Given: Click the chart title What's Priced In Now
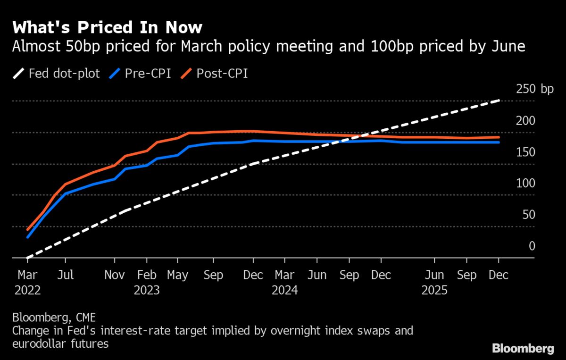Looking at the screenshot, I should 108,27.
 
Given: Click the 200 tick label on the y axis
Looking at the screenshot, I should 525,121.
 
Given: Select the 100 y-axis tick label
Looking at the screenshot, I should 525,184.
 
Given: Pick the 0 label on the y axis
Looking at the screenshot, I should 532,246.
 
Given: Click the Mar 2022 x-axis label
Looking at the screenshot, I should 27,282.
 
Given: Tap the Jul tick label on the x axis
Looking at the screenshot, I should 66,275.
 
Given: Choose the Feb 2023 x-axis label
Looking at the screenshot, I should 147,282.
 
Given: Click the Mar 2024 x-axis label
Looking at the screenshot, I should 285,282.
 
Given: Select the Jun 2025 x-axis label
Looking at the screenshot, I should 434,282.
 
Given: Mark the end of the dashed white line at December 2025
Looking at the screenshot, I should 499,100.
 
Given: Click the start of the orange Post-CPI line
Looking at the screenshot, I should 28,230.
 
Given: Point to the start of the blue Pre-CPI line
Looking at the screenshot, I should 28,237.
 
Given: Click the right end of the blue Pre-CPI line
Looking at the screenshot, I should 499,142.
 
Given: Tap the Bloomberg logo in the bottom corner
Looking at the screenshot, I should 523,349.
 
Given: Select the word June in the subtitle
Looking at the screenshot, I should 505,47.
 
